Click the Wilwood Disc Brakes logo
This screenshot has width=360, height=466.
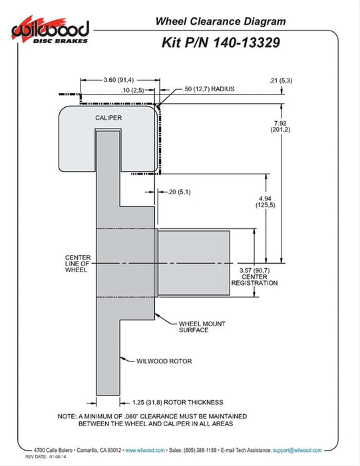[50, 31]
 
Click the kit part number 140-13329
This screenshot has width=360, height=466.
[246, 43]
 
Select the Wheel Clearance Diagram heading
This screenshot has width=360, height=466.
[220, 21]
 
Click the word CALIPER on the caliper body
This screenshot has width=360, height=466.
[108, 118]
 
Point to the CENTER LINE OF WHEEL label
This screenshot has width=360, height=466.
[78, 264]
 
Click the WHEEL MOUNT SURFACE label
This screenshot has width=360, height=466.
[202, 327]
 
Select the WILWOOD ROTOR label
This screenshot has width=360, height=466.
[164, 361]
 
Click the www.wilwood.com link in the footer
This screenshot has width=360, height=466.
[145, 450]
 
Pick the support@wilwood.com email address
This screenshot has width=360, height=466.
[297, 450]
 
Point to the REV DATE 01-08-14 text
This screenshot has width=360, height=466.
[46, 457]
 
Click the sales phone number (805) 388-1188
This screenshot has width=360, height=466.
[200, 450]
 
